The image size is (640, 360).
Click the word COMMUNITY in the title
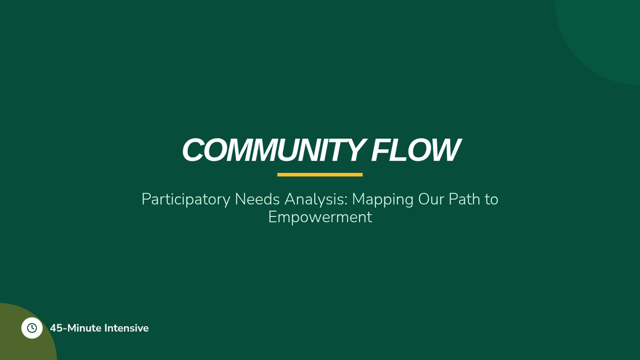point(274,150)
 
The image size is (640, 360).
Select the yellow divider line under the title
point(319,174)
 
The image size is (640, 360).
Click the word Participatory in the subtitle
point(186,199)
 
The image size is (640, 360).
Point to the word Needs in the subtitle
point(257,199)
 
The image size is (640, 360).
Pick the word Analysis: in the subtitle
point(316,199)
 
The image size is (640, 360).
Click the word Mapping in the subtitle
point(382,199)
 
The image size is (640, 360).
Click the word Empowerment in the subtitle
point(320,217)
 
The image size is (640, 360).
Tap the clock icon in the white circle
point(31,328)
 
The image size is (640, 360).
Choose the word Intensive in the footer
point(126,328)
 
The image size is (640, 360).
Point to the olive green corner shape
point(26,343)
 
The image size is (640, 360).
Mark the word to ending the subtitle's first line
point(491,199)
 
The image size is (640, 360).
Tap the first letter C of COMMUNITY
point(193,150)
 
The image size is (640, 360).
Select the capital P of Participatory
point(146,199)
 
